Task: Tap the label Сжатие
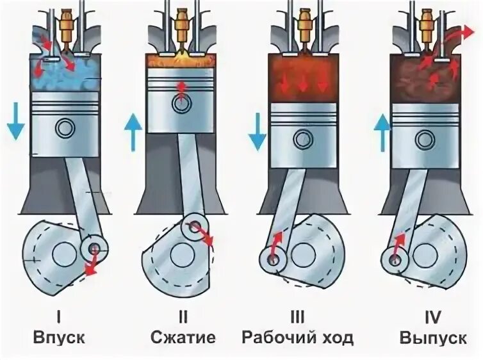click(183, 338)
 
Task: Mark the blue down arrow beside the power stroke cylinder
click(256, 131)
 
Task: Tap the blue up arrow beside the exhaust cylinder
click(382, 131)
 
